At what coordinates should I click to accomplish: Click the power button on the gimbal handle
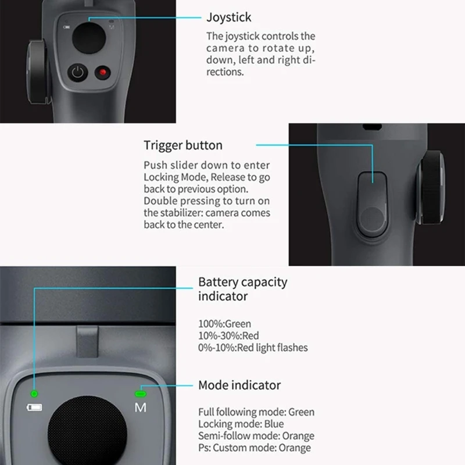(78, 73)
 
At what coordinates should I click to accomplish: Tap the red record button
(103, 73)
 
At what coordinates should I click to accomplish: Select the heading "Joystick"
(229, 18)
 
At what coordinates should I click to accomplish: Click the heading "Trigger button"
(183, 145)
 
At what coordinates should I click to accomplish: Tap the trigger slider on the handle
(372, 203)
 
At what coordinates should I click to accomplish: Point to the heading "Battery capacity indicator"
(242, 289)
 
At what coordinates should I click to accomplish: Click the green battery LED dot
(34, 394)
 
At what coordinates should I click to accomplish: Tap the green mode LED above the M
(140, 394)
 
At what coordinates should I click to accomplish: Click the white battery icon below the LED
(34, 407)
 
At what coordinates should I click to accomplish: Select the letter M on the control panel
(141, 407)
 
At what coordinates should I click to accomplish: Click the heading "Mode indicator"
(239, 385)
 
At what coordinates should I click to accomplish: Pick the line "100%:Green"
(224, 324)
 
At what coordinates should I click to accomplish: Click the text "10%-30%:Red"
(228, 335)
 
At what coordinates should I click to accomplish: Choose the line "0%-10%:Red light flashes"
(253, 348)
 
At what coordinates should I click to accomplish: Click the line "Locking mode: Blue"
(241, 424)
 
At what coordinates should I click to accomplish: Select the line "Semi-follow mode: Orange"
(256, 436)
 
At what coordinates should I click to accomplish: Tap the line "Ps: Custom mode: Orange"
(254, 448)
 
